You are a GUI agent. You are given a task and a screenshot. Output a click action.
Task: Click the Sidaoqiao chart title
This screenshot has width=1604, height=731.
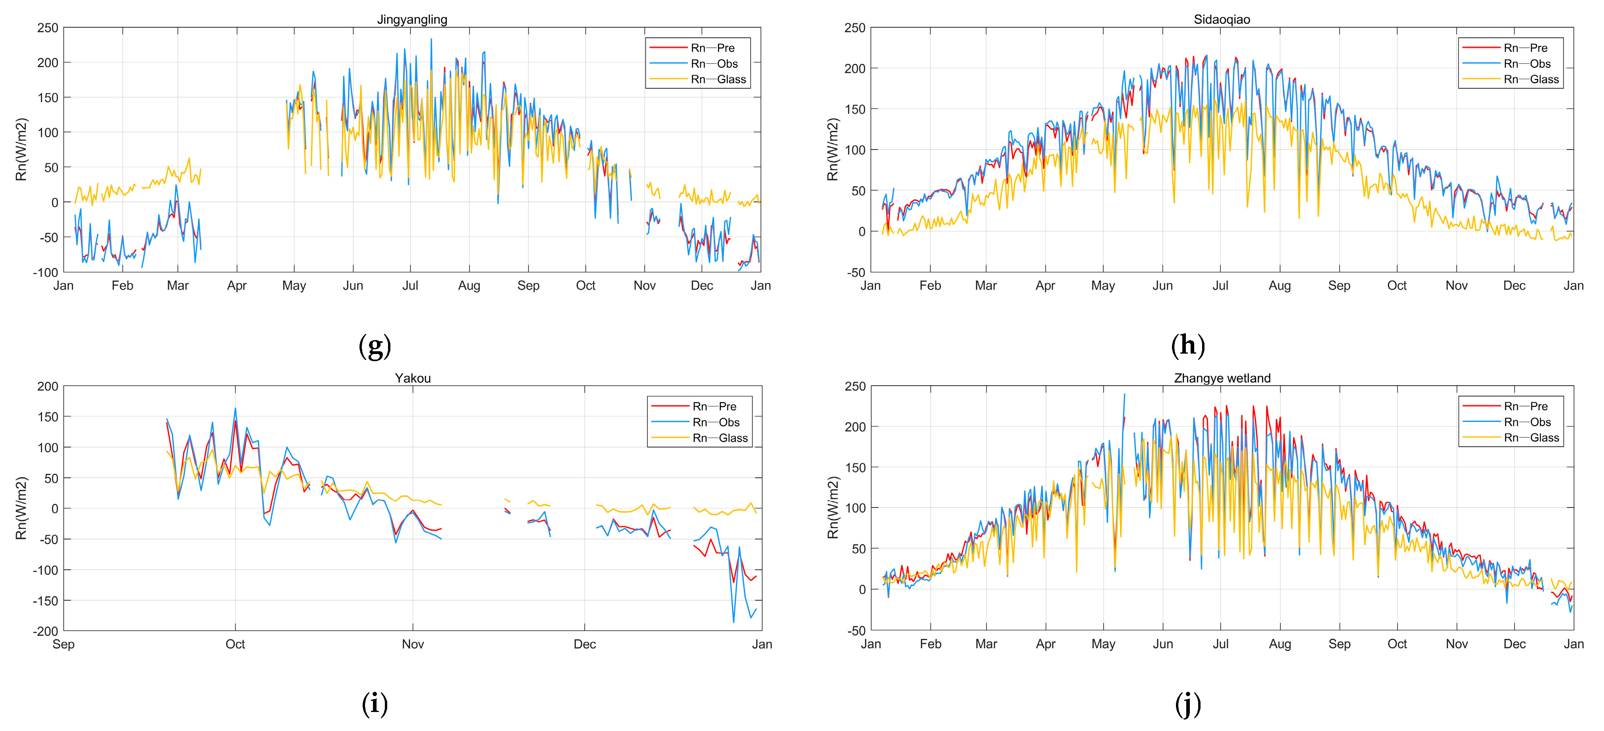point(1221,19)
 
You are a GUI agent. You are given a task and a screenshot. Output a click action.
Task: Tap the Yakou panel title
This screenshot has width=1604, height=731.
point(412,378)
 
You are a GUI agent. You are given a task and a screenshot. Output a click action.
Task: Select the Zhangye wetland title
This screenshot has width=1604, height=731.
point(1222,378)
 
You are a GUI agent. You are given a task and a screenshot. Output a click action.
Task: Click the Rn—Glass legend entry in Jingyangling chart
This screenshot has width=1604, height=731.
point(717,79)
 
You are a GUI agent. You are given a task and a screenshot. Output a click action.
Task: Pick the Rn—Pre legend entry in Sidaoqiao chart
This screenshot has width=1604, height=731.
point(1525,48)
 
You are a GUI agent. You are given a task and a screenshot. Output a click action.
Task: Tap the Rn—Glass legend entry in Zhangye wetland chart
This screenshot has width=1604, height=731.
point(1531,438)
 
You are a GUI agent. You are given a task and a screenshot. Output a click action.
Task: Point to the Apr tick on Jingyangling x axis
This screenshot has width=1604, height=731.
point(237,286)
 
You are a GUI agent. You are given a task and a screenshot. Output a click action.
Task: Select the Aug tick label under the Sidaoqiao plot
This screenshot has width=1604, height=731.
point(1279,286)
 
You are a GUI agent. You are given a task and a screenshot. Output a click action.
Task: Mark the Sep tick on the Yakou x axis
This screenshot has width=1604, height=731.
point(63,645)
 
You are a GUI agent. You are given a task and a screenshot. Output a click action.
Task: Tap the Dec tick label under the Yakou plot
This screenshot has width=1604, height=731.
point(584,645)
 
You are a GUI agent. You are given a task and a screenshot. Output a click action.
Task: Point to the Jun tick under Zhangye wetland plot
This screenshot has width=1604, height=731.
point(1162,645)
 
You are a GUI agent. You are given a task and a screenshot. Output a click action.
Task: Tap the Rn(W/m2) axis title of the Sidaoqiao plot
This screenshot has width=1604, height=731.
point(832,149)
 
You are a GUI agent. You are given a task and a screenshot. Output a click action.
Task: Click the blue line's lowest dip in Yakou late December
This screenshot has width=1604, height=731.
point(734,622)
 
